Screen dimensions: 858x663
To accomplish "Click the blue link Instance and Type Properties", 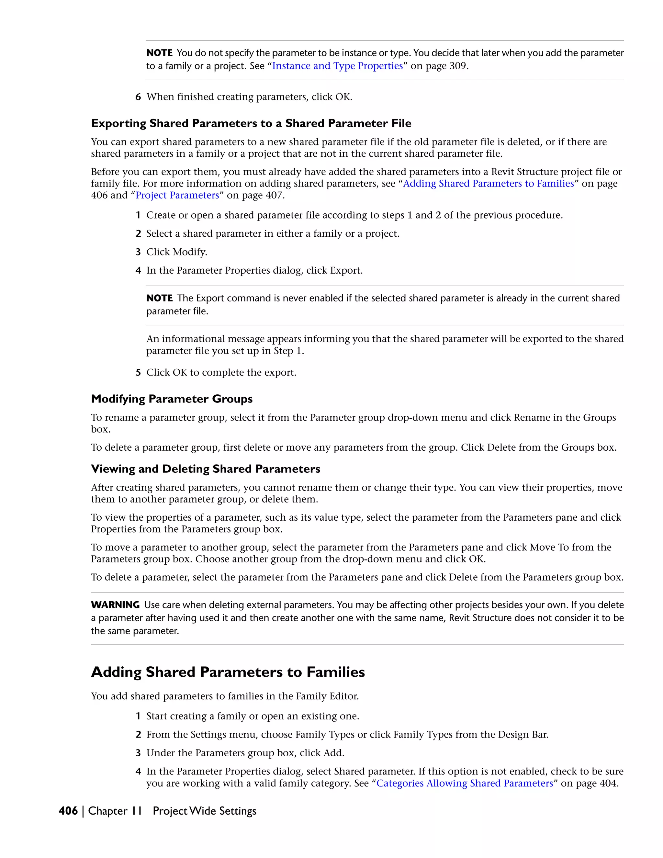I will coord(337,66).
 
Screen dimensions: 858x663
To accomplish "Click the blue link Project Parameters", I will coord(177,195).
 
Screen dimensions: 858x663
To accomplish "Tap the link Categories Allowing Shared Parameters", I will coord(465,783).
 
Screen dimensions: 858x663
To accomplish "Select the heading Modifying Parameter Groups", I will coord(172,399).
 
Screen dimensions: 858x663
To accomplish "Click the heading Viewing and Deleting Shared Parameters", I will coord(206,469).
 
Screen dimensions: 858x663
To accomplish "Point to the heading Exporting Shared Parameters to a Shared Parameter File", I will coord(251,123).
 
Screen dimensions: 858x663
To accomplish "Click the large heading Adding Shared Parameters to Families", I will coord(228,672).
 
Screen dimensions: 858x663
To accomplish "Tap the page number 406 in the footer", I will coord(68,811).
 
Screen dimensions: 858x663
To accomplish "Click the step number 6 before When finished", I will coord(138,97).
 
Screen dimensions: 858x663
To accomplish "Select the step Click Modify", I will coord(176,252).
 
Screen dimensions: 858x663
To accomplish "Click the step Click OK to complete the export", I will coord(221,372).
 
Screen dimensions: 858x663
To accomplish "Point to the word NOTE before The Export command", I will coord(160,298).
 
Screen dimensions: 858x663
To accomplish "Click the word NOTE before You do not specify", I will coord(160,53).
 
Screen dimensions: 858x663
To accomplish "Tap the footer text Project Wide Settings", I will coord(204,811).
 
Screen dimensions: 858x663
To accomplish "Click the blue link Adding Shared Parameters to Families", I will coord(488,184).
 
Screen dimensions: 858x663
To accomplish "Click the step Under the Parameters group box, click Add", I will coord(245,753).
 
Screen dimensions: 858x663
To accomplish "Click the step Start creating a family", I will coord(253,716).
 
